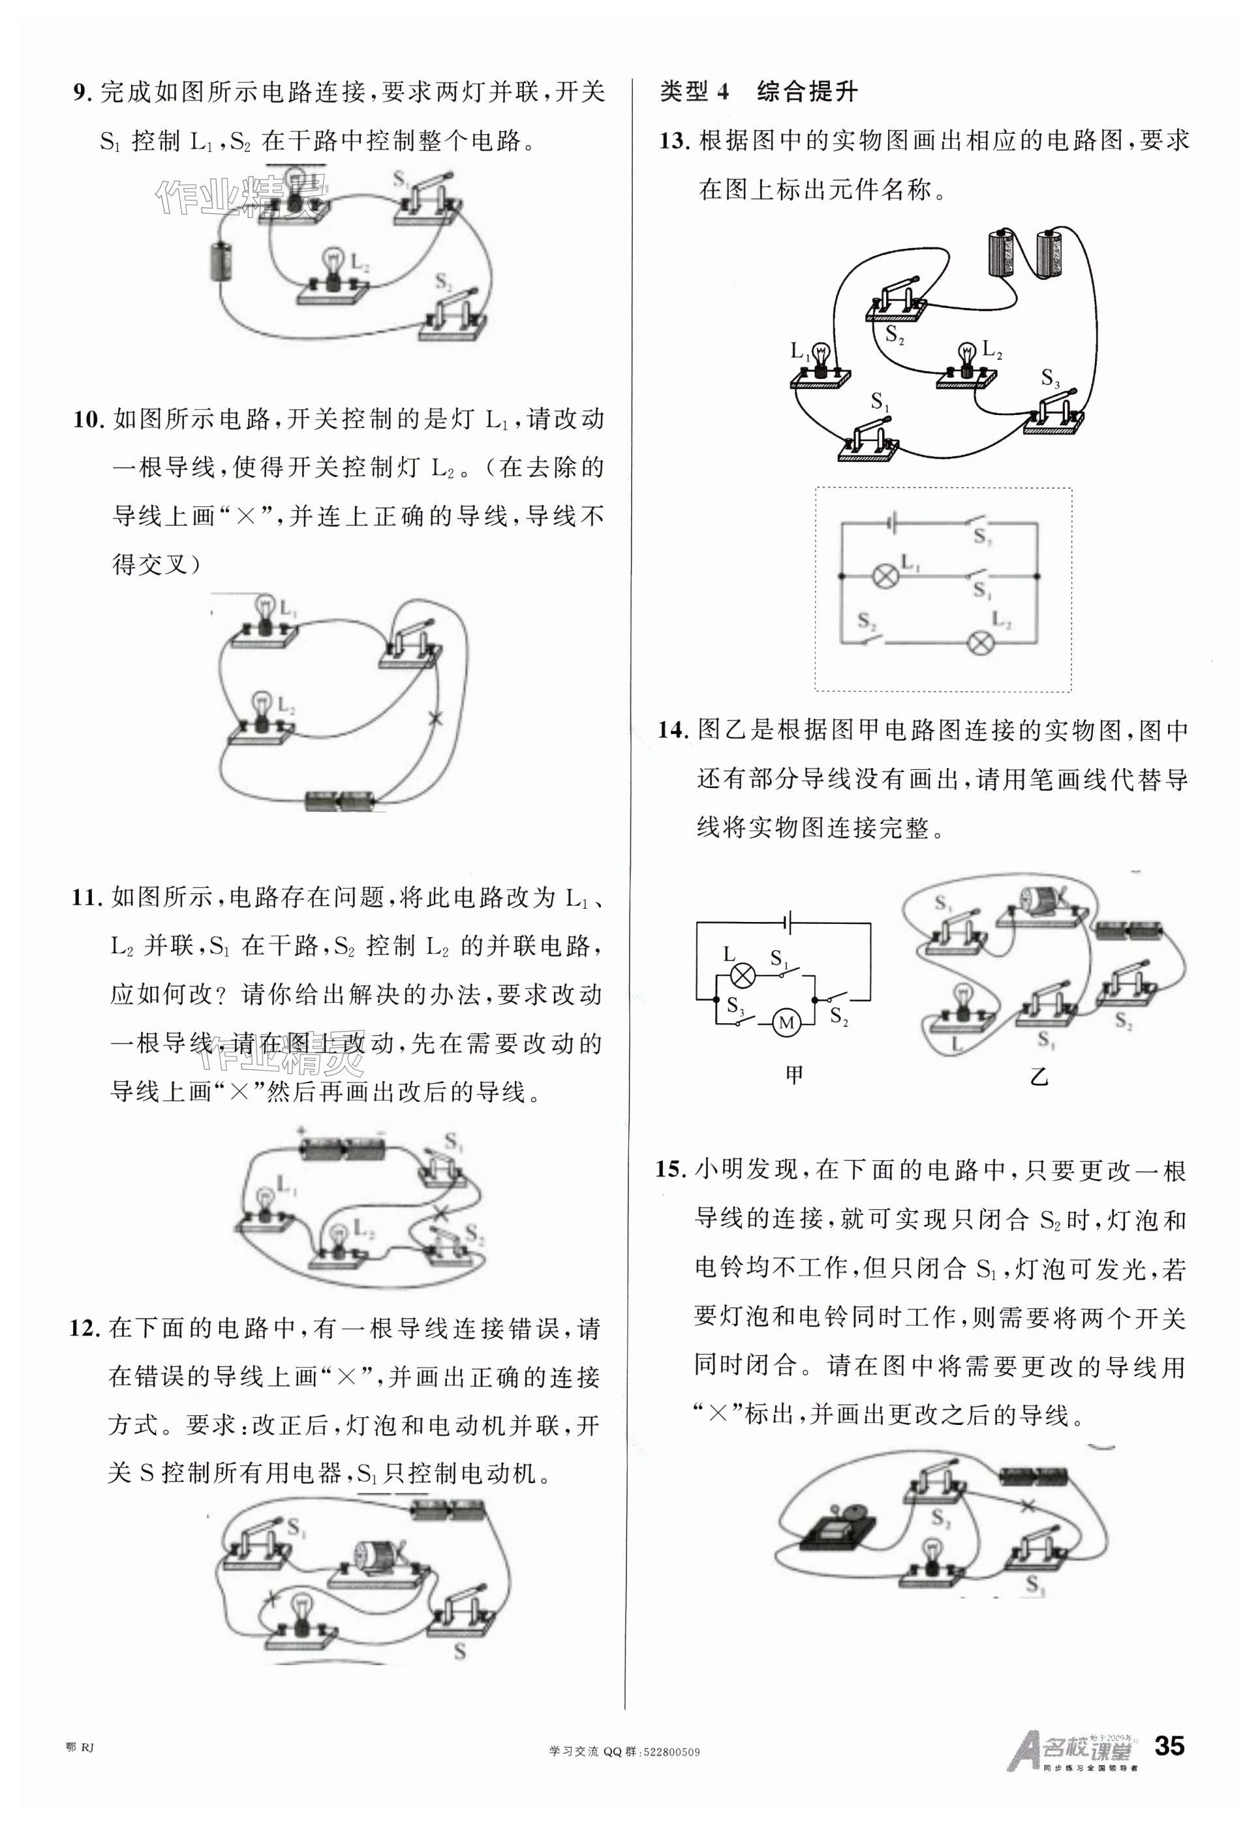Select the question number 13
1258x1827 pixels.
coord(675,141)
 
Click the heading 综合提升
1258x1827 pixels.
coord(806,92)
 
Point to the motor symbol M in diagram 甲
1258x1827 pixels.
coord(785,1023)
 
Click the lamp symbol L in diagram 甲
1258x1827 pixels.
coord(741,975)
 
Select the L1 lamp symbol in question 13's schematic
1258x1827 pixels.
coord(884,576)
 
